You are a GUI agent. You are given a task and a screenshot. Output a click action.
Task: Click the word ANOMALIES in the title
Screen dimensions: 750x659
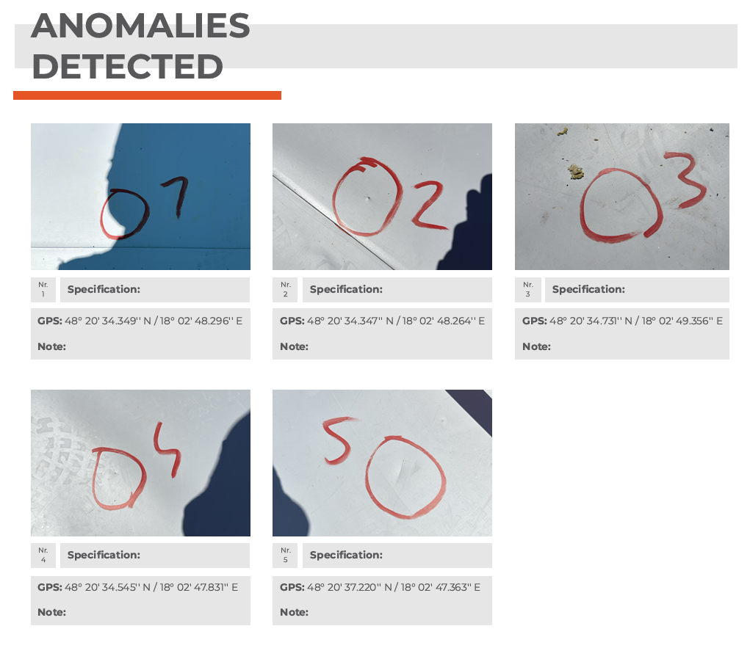click(x=140, y=26)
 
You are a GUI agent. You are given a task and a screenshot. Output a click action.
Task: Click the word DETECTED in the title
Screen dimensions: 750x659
click(x=127, y=66)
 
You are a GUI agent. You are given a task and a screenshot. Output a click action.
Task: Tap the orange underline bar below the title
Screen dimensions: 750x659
click(x=148, y=95)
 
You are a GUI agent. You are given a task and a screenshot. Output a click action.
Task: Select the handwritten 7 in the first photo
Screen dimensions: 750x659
click(x=176, y=196)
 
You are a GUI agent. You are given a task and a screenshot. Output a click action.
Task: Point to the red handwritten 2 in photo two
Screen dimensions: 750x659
click(x=428, y=205)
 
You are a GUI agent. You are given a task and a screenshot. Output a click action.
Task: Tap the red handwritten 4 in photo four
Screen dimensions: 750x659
click(x=167, y=450)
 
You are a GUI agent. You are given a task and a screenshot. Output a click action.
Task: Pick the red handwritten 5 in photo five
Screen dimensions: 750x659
click(x=339, y=440)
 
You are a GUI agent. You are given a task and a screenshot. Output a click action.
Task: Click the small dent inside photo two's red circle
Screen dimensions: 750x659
click(x=367, y=198)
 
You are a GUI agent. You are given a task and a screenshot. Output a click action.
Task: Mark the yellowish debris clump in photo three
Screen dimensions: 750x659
click(x=576, y=172)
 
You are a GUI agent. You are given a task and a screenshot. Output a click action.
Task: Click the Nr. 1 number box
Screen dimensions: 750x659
click(x=43, y=290)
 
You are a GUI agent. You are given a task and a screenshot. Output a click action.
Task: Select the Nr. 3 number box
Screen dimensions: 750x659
click(x=527, y=290)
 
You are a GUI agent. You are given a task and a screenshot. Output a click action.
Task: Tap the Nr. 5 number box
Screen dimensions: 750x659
click(x=285, y=556)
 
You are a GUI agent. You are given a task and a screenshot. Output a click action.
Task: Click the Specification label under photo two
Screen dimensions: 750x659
click(x=346, y=289)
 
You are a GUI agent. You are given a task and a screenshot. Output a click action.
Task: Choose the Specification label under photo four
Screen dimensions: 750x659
click(x=104, y=555)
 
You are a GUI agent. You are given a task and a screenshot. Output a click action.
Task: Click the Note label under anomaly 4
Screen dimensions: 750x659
click(x=51, y=612)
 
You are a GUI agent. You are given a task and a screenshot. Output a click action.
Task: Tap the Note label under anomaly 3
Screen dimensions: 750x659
click(x=536, y=346)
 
